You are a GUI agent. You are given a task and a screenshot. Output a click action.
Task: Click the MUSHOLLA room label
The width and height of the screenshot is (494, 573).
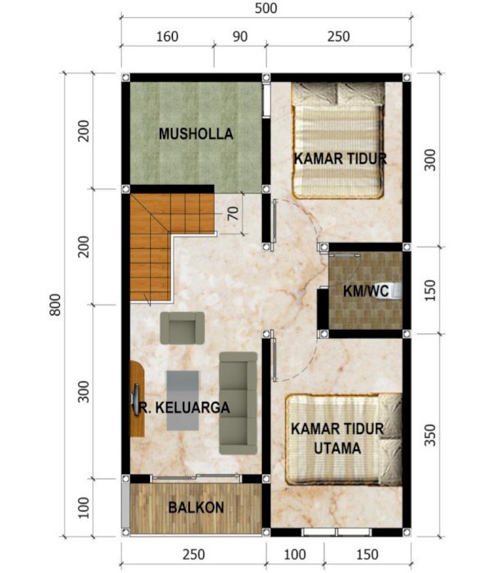[x=196, y=133]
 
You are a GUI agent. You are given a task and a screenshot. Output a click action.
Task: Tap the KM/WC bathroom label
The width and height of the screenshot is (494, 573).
[x=365, y=291]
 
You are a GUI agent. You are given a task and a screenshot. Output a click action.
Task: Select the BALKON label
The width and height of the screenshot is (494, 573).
[x=196, y=508]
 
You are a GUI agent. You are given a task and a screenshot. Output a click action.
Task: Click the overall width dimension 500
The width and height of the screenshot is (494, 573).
[x=265, y=8]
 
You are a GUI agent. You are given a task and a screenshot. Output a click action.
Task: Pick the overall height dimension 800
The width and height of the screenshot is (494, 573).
[x=55, y=305]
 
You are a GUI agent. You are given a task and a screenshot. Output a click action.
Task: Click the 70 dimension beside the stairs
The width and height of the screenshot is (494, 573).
[x=233, y=214]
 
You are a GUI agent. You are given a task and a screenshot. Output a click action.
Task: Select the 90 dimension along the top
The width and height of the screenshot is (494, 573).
[x=240, y=37]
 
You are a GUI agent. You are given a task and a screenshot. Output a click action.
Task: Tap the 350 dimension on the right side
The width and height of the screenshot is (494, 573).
[x=430, y=435]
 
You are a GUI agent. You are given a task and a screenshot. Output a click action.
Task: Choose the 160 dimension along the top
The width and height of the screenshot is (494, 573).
[x=167, y=37]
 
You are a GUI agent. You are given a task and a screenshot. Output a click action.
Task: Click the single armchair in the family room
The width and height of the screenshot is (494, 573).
[x=183, y=327]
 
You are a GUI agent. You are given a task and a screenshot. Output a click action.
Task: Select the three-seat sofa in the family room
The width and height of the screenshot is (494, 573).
[x=238, y=404]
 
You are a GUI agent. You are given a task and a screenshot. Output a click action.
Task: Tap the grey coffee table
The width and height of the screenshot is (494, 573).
[x=183, y=400]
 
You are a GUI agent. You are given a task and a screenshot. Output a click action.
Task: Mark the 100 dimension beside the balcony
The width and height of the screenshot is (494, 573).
[x=84, y=508]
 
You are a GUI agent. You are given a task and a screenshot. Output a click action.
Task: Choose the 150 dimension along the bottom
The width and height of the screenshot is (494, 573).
[x=367, y=554]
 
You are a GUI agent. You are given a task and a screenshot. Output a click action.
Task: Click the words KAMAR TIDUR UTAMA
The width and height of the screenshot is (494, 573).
[x=338, y=439]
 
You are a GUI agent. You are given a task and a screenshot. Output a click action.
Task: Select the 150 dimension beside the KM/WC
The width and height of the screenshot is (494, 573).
[x=430, y=290]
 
